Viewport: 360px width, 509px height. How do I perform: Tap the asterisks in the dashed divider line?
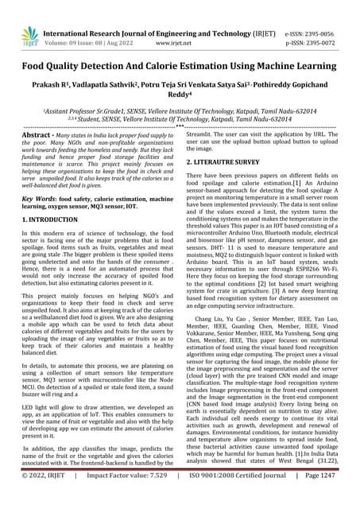click(180, 127)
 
